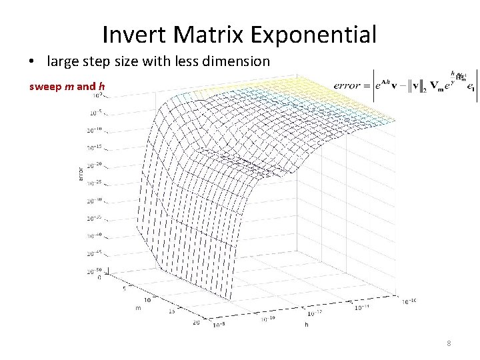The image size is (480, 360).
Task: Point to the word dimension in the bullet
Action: pos(236,61)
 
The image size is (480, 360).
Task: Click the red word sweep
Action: pos(43,86)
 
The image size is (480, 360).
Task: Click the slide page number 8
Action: pos(449,344)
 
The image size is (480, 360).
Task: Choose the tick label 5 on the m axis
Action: pos(124,289)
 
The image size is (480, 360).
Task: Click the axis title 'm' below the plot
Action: pos(138,308)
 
